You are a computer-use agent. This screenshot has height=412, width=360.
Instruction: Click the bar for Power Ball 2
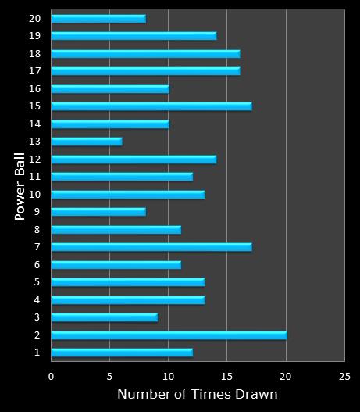(169, 335)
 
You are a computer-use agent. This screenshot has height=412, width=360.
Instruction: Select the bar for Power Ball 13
(87, 142)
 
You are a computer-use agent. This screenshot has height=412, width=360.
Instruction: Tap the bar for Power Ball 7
(151, 247)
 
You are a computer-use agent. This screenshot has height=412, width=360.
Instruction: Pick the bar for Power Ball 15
(151, 106)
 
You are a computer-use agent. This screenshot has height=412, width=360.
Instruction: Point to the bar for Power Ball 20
(98, 18)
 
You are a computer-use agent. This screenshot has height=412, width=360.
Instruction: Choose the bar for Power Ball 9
(98, 212)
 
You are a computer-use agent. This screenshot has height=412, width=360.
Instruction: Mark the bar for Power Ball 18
(145, 53)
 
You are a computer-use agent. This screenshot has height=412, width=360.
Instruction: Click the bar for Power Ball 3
(104, 317)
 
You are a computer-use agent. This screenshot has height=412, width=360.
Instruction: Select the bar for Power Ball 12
(134, 159)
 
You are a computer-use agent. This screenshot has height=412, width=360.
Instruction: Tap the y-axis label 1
(37, 353)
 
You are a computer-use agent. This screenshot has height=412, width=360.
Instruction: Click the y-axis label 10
(34, 194)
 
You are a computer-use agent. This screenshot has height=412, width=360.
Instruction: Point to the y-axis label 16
(34, 88)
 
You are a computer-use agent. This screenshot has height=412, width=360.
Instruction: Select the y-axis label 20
(34, 18)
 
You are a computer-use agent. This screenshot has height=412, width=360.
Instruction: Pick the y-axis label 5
(37, 282)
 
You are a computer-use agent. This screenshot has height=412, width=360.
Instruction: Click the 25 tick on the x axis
(344, 375)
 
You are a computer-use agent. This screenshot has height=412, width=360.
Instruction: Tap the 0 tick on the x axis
(52, 375)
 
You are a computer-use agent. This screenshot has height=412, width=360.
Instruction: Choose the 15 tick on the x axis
(227, 375)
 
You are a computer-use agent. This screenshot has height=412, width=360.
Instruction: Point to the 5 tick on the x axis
(110, 375)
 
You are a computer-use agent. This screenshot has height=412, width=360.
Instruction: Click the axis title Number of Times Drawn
(198, 395)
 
